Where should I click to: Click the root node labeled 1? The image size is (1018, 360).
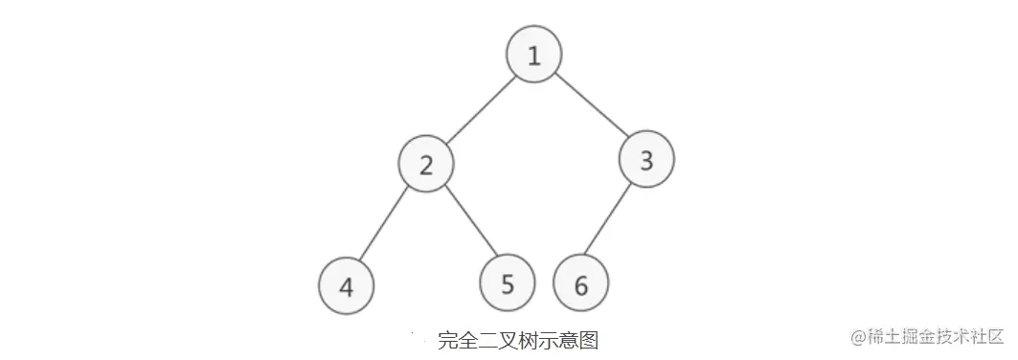pos(533,56)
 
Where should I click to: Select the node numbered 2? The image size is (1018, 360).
pos(426,164)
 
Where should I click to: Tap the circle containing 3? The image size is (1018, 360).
pos(646,159)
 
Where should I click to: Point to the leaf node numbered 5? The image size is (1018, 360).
pos(508,283)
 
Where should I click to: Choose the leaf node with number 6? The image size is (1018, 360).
pos(581,285)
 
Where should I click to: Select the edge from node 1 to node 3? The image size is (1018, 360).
pos(590,106)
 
